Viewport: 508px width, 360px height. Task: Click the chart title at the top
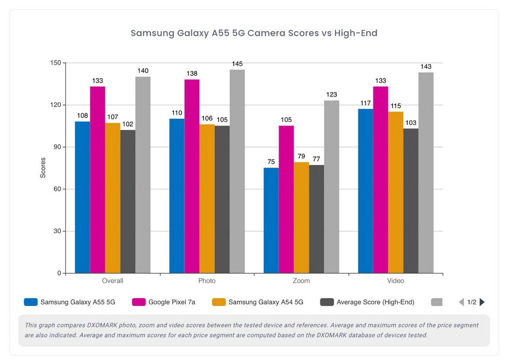[x=254, y=33]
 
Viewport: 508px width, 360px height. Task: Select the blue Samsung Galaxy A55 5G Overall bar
[x=82, y=197]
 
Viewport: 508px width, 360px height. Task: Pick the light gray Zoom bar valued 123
[x=331, y=187]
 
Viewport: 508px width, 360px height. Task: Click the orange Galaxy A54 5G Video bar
[x=396, y=192]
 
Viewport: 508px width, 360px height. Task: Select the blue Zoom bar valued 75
[x=271, y=220]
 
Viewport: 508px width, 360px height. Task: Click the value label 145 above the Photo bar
[x=237, y=64]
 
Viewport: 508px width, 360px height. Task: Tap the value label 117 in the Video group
[x=365, y=102]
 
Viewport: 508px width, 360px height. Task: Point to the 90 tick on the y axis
[x=55, y=147]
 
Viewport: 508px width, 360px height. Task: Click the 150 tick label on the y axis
[x=55, y=63]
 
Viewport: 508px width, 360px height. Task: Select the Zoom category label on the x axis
[x=301, y=281]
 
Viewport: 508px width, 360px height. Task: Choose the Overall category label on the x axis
[x=112, y=281]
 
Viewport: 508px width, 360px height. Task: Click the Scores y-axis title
[x=43, y=168]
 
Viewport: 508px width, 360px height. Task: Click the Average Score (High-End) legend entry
[x=367, y=302]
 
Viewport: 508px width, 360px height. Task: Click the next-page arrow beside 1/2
[x=482, y=302]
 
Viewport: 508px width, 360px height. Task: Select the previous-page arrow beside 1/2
[x=462, y=302]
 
